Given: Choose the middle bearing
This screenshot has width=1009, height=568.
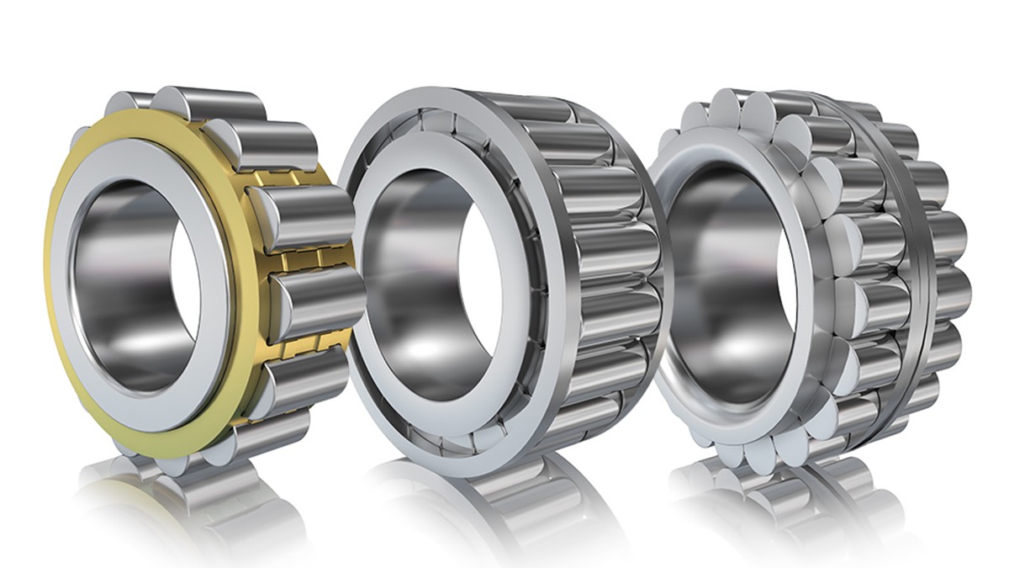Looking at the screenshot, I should click(504, 278).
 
